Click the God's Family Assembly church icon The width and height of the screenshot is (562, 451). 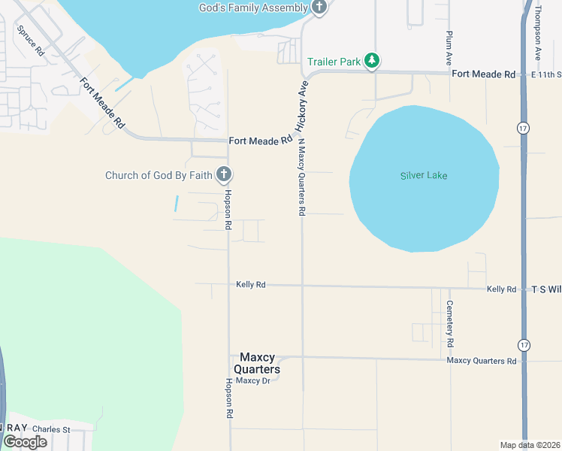tap(319, 8)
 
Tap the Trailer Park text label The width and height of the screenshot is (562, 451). tap(334, 62)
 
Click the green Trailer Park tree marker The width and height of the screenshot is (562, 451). tap(371, 60)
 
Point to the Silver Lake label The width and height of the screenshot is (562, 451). tap(424, 176)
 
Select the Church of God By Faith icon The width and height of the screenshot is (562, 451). tap(223, 175)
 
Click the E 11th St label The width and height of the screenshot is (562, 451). tap(545, 74)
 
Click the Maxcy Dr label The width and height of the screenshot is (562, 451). tap(252, 380)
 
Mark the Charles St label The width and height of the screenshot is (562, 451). tap(52, 430)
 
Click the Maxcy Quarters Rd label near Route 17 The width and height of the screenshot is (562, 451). tap(482, 361)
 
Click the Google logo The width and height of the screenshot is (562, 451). tap(25, 442)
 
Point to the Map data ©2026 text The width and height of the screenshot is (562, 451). tap(530, 444)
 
